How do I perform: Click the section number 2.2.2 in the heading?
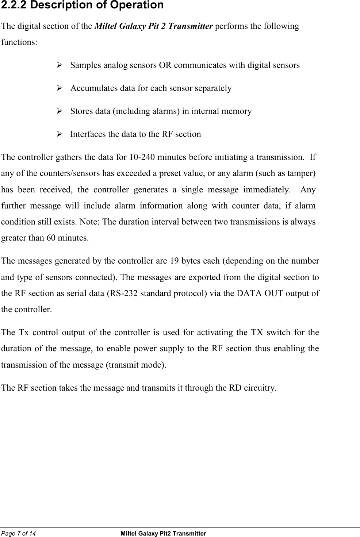pyautogui.click(x=14, y=5)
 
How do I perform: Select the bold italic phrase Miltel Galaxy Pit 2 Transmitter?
pyautogui.click(x=154, y=26)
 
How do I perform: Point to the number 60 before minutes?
pyautogui.click(x=51, y=238)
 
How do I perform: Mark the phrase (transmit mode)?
pyautogui.click(x=135, y=365)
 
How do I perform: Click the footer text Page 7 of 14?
pyautogui.click(x=19, y=533)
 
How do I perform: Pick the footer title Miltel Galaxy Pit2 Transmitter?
pyautogui.click(x=163, y=533)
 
